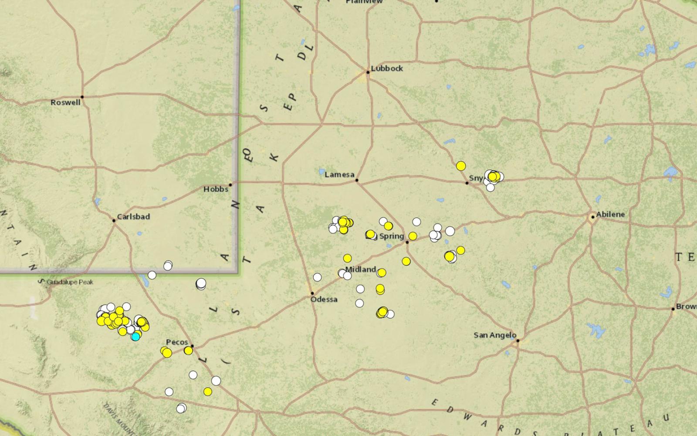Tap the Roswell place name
[65, 103]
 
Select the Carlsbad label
[133, 217]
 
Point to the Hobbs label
[216, 189]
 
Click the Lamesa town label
[339, 175]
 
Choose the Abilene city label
[610, 215]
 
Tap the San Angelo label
[495, 335]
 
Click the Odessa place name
[324, 300]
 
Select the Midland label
[360, 269]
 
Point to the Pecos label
[176, 342]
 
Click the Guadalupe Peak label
[70, 282]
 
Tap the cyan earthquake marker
[136, 336]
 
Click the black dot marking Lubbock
[368, 72]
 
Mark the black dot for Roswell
[82, 97]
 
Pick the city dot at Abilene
[593, 217]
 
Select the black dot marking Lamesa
[357, 180]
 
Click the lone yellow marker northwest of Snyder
[461, 166]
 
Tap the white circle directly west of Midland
[317, 277]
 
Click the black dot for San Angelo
[518, 341]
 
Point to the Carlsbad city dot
[114, 221]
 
